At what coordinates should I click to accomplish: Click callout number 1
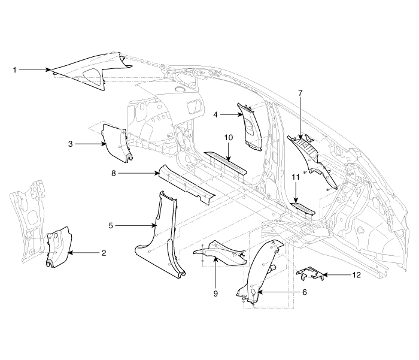tap(14, 70)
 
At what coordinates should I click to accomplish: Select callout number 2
tap(104, 253)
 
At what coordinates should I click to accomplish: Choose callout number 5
tap(111, 225)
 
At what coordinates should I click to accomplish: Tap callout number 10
tap(227, 138)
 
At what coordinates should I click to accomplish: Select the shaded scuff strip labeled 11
tap(303, 207)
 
